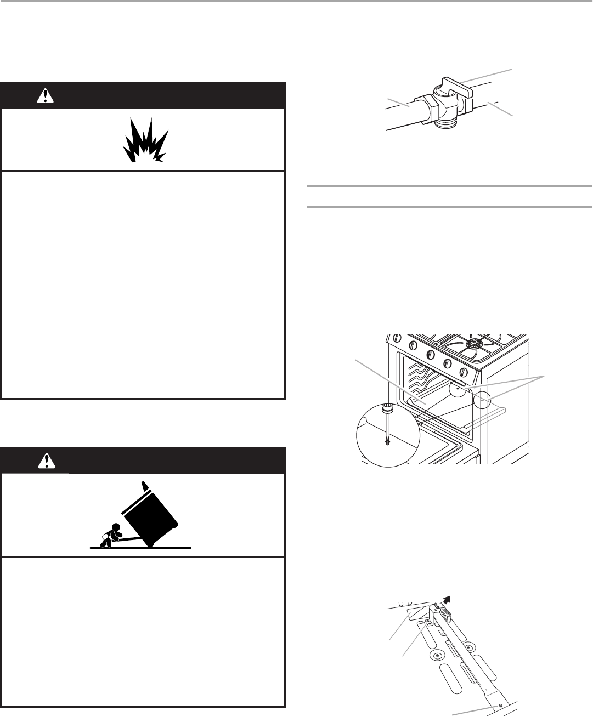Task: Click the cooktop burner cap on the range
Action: [x=473, y=345]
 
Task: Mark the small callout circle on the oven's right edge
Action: [x=483, y=401]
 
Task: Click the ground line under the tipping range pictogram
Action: [x=140, y=547]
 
